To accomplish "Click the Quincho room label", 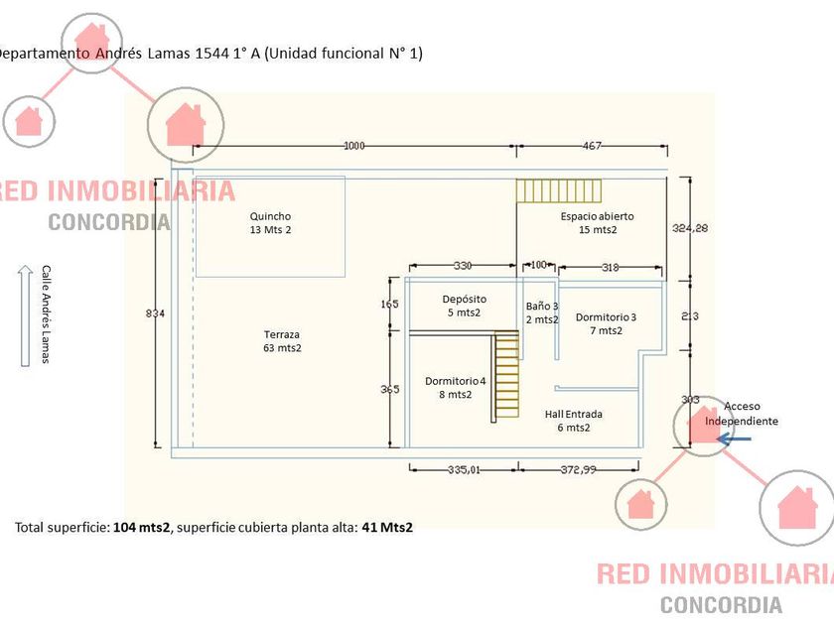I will point(271,222).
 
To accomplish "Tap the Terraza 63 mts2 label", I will point(282,341).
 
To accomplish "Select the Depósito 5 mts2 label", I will point(464,306).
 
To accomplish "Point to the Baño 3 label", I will point(542,312).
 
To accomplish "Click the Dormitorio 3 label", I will point(606,323).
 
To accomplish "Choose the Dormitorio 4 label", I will point(456,387).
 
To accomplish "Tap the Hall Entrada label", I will point(574,421).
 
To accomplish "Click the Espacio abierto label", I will point(597,222).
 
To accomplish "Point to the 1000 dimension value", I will point(354,146).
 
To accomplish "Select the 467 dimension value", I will point(592,146).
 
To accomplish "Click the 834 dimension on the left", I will point(155,313).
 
